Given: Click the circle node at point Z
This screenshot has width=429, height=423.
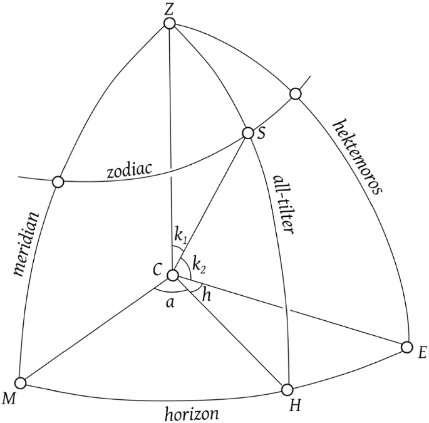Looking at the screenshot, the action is (169, 23).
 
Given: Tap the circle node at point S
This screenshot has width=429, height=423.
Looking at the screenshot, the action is (248, 133).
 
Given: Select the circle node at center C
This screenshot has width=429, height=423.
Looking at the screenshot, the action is (173, 274).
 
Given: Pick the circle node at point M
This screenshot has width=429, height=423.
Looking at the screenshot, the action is (21, 382).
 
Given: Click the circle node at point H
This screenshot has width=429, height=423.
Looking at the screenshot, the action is (287, 389).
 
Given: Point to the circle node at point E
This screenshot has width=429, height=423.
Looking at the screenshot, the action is (406, 347).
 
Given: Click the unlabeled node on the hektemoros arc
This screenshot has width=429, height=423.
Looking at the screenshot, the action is (295, 94).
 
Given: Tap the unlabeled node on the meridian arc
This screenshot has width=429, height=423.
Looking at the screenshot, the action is (58, 182).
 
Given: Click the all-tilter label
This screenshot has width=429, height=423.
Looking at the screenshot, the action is (283, 204).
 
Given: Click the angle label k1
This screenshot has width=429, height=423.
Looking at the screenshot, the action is (181, 236).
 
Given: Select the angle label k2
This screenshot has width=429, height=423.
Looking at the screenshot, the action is (200, 264).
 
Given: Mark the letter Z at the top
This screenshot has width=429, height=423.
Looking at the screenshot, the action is (168, 8).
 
